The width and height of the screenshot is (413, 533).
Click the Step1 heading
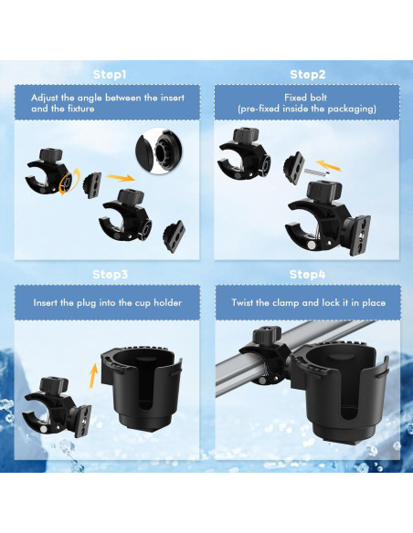110,73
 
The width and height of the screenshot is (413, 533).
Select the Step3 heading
110,274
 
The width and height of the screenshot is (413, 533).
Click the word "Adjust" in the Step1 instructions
48,98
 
